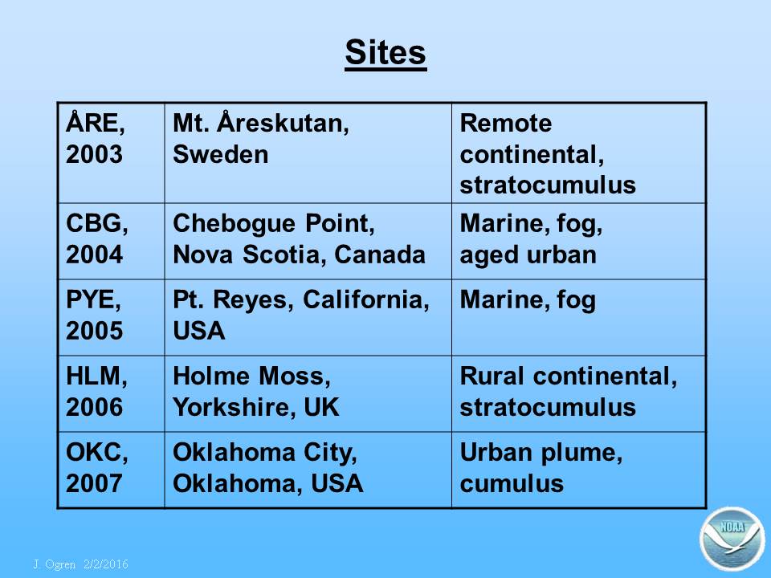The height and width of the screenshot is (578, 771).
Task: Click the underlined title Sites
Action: [x=385, y=53]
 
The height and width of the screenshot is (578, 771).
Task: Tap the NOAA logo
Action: [x=732, y=538]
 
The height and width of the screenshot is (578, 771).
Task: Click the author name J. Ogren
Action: [x=55, y=564]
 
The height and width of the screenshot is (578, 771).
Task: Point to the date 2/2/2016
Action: [x=106, y=564]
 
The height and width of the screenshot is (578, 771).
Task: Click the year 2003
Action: [x=94, y=154]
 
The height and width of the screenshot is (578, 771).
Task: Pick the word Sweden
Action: [x=221, y=154]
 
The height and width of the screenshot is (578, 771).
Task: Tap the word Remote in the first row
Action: [x=505, y=123]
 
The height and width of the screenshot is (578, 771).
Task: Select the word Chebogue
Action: [x=235, y=224]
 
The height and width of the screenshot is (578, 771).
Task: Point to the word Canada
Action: [x=380, y=254]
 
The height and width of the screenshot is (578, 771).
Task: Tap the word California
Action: [x=366, y=299]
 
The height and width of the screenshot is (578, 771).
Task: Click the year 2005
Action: [x=94, y=331]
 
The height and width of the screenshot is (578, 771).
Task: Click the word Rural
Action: [x=492, y=377]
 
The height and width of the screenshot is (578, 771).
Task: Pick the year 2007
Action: [x=94, y=483]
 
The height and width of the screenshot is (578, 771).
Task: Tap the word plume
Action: [x=581, y=454]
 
